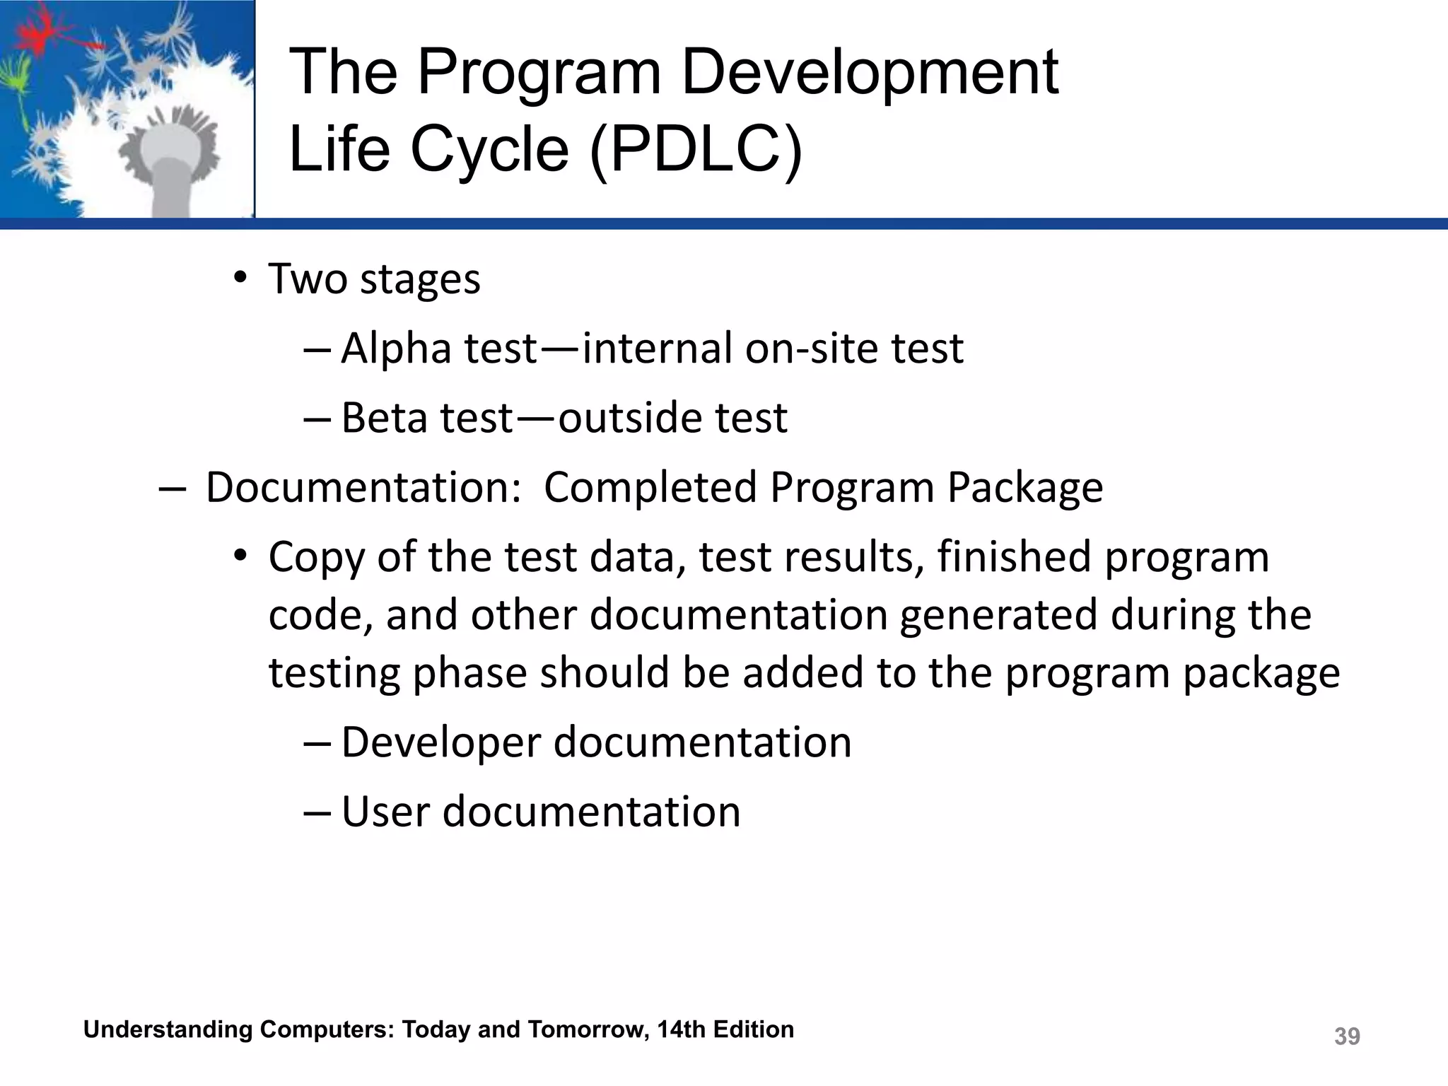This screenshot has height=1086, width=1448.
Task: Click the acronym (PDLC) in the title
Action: click(696, 150)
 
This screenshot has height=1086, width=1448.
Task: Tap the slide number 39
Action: click(1346, 1036)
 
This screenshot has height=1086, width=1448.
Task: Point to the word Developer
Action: click(440, 743)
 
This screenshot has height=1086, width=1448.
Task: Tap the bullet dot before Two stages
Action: click(240, 278)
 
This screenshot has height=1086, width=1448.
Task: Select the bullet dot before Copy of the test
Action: click(240, 556)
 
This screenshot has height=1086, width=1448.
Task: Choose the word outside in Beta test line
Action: click(630, 418)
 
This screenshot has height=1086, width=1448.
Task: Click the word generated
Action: click(998, 614)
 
